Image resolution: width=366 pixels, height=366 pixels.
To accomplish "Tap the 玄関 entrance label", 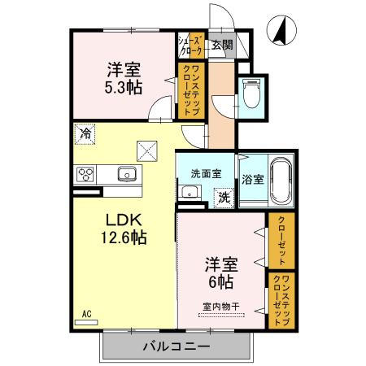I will (x=221, y=46).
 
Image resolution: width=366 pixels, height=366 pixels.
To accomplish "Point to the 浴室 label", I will (x=251, y=178).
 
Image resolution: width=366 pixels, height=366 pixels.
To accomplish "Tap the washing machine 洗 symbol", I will (x=222, y=195).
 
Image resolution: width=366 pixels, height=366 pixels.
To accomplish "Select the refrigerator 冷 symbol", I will (x=85, y=132).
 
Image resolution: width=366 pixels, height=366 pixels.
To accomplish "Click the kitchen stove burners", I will (x=86, y=173).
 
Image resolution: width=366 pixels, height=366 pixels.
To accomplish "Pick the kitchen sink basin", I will (x=126, y=173).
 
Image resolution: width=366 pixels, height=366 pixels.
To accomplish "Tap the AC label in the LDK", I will (x=86, y=312).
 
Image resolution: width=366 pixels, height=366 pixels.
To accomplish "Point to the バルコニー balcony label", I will (x=176, y=346).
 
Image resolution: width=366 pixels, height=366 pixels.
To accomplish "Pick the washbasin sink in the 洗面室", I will (x=190, y=193).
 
